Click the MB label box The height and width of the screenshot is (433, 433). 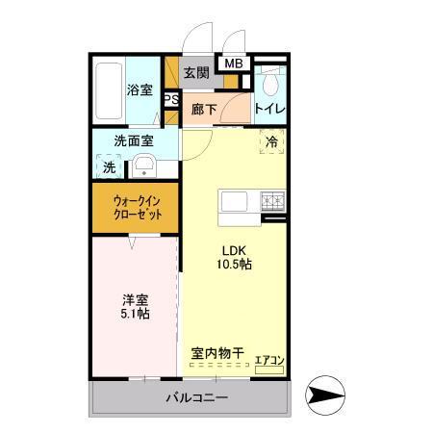coord(234,64)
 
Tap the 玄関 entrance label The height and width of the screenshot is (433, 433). coord(196,72)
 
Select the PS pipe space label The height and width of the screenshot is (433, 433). coord(171,99)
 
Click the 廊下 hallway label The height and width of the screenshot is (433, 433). coord(203,110)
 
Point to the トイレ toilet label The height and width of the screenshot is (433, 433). coord(268,110)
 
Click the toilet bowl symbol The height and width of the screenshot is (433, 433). coord(270,81)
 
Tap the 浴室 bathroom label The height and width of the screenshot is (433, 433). coord(140,90)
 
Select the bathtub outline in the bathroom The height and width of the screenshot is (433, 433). coord(109,89)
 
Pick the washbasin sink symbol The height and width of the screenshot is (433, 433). coord(144,166)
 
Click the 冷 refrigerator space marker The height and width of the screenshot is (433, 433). coord(271,141)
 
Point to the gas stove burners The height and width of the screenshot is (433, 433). coord(273,202)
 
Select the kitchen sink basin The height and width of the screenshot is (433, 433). coord(236,202)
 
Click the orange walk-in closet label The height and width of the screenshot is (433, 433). coord(136,207)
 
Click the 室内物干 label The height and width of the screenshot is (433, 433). coord(216,353)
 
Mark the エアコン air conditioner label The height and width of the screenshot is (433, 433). coord(268,362)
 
